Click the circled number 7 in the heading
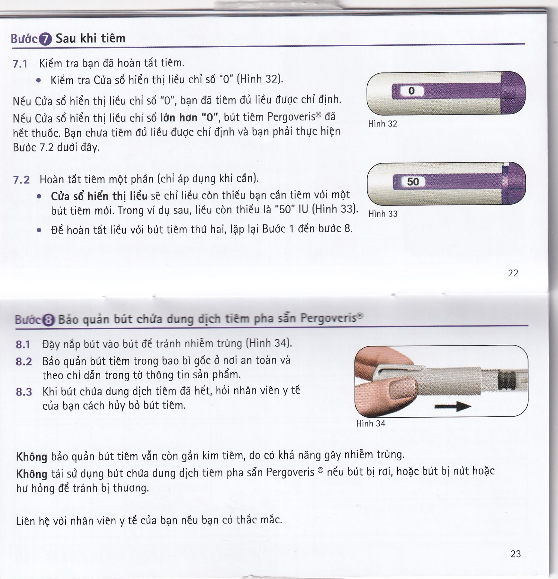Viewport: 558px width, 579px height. pyautogui.click(x=45, y=40)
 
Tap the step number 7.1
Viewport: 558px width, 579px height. pyautogui.click(x=20, y=64)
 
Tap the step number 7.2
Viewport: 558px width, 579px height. pyautogui.click(x=21, y=179)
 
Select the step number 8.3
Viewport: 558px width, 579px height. pyautogui.click(x=24, y=392)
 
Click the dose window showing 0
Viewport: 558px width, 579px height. pyautogui.click(x=411, y=91)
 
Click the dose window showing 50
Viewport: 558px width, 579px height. pyautogui.click(x=413, y=182)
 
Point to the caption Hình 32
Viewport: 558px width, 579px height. pyautogui.click(x=382, y=124)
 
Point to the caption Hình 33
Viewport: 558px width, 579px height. pyautogui.click(x=383, y=214)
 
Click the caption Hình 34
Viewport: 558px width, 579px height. pyautogui.click(x=371, y=423)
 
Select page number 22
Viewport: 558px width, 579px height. pyautogui.click(x=513, y=273)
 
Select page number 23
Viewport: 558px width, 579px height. pyautogui.click(x=516, y=554)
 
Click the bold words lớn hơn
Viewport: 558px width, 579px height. pyautogui.click(x=179, y=118)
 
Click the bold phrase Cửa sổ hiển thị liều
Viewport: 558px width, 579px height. pyautogui.click(x=99, y=196)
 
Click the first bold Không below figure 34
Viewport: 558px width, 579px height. pyautogui.click(x=32, y=457)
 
